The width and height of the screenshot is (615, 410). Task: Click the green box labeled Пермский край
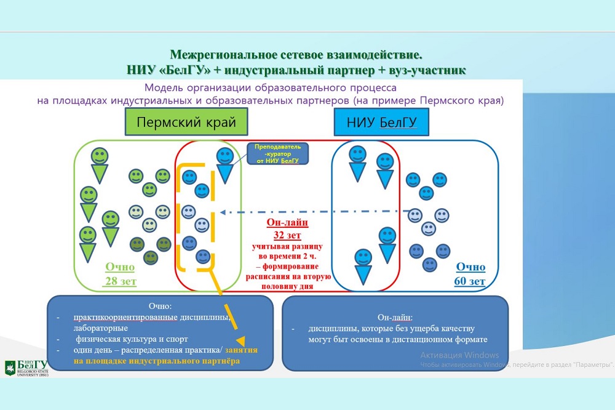click(x=186, y=122)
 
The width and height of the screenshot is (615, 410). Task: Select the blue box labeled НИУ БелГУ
click(x=382, y=122)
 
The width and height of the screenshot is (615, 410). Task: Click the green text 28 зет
click(x=120, y=281)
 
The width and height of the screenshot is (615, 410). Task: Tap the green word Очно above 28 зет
click(x=120, y=268)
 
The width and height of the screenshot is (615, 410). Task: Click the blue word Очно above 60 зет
click(x=470, y=268)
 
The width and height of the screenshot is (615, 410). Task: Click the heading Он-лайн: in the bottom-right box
click(x=394, y=317)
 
